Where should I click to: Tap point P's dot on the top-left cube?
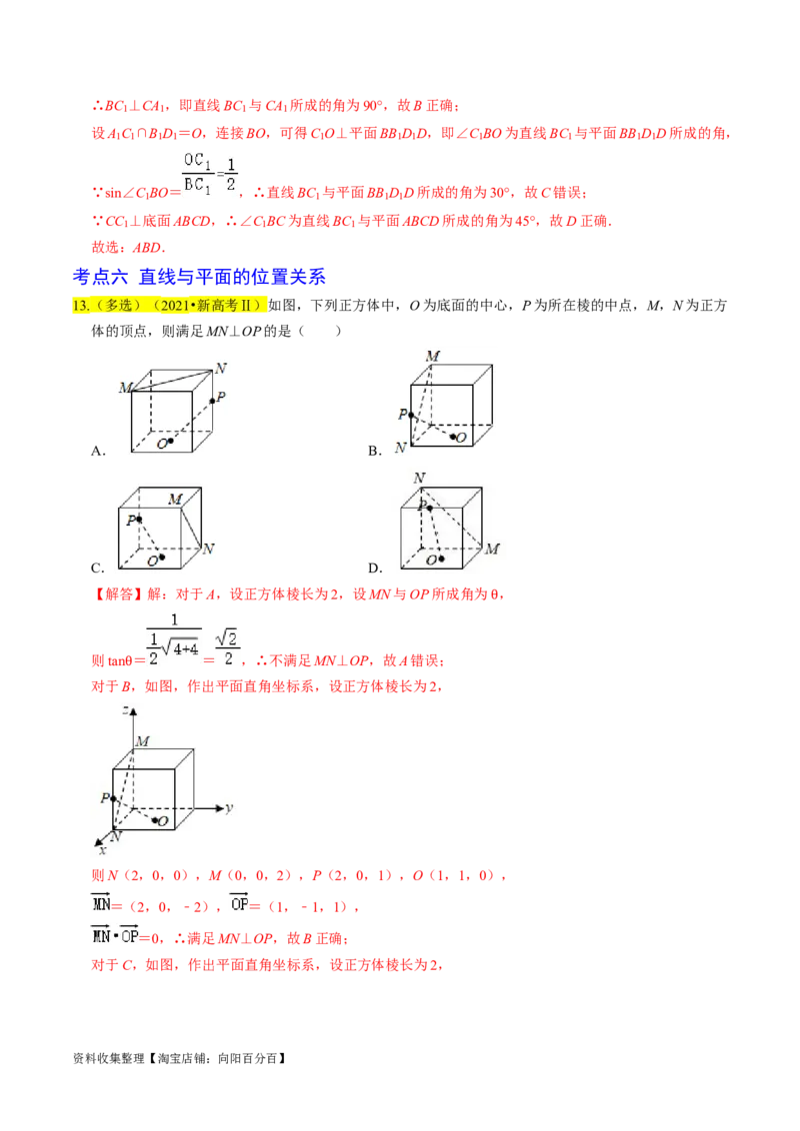click(x=212, y=401)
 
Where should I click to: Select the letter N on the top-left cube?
click(x=220, y=368)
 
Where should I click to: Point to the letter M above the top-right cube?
click(x=432, y=356)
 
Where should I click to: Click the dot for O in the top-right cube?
click(x=454, y=437)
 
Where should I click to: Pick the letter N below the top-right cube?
click(x=401, y=448)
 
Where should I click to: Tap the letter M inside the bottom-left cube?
click(x=176, y=499)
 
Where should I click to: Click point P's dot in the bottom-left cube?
click(x=138, y=519)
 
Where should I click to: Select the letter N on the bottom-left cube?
click(x=208, y=549)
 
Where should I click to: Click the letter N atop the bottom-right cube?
click(x=419, y=478)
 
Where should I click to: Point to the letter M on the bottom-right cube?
click(x=492, y=549)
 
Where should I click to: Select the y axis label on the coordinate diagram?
click(x=229, y=806)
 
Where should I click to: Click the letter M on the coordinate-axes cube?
click(x=142, y=740)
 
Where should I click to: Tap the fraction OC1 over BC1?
click(x=195, y=172)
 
